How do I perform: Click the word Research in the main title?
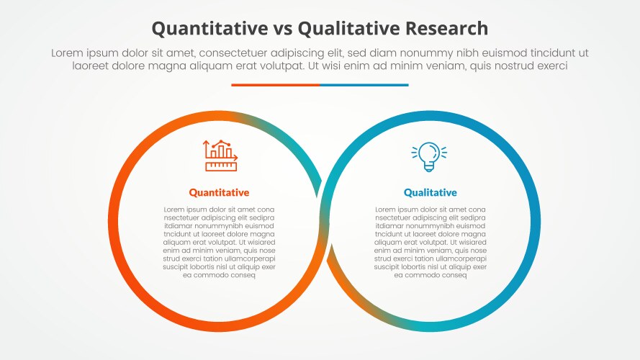(x=447, y=28)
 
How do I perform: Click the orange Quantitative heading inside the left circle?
(x=219, y=192)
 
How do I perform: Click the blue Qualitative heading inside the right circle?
(x=430, y=192)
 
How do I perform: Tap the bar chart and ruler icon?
(x=220, y=155)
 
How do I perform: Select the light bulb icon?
(x=429, y=156)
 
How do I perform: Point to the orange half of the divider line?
(x=275, y=85)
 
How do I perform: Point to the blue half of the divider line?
(x=364, y=85)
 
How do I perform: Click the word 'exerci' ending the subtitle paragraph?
(x=548, y=66)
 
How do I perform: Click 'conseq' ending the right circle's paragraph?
(x=453, y=275)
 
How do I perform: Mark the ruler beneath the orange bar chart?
(x=221, y=166)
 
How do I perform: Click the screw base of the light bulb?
(x=429, y=167)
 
